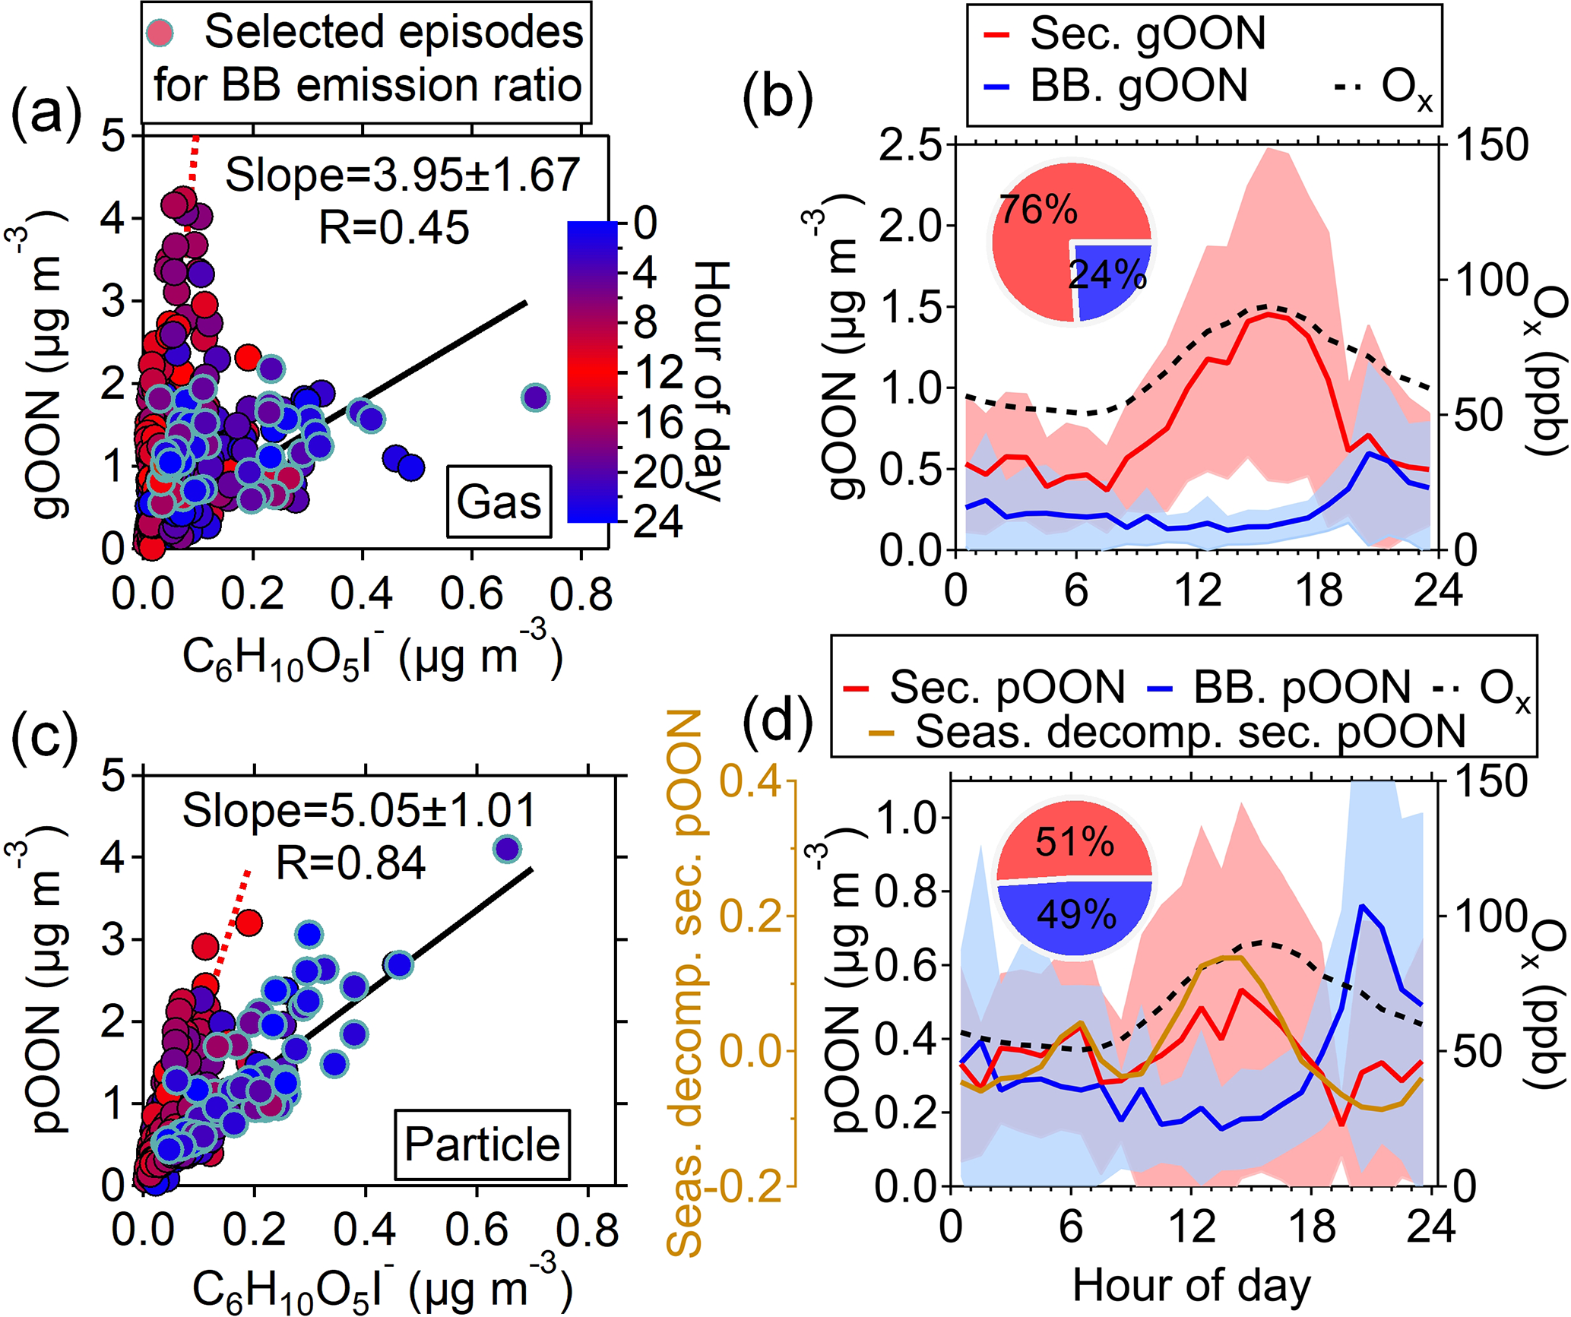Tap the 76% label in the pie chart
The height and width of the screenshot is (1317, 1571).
1038,210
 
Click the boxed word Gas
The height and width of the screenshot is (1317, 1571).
499,502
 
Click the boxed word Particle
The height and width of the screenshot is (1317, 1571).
482,1144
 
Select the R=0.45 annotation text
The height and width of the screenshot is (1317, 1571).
394,227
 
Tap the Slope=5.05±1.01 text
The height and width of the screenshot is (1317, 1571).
359,810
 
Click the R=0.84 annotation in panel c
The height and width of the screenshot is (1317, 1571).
350,863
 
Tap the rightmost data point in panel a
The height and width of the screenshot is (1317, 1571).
536,397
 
